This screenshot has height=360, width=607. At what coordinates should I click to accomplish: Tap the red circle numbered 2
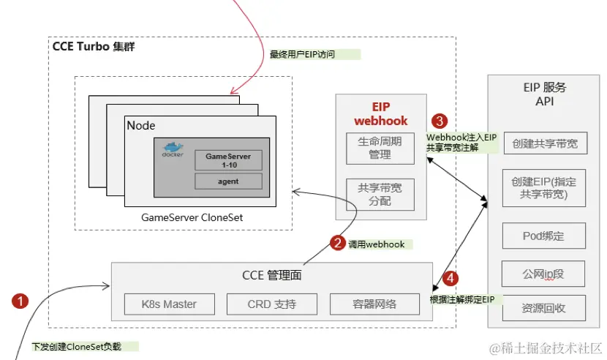pyautogui.click(x=337, y=243)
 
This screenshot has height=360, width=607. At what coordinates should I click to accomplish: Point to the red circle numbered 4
pyautogui.click(x=451, y=278)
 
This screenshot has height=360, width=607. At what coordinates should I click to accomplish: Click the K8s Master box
pyautogui.click(x=170, y=304)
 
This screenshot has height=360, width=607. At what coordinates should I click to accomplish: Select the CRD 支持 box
pyautogui.click(x=272, y=304)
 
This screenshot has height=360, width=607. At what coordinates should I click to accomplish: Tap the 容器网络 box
pyautogui.click(x=375, y=304)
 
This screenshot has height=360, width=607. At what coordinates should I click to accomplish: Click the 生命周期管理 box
pyautogui.click(x=380, y=149)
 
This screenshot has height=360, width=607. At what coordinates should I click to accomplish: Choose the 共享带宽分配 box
pyautogui.click(x=380, y=194)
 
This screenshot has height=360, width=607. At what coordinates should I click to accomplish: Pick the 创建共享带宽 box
pyautogui.click(x=544, y=144)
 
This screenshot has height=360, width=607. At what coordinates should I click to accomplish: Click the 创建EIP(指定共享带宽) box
pyautogui.click(x=544, y=189)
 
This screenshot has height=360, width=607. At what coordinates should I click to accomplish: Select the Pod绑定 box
pyautogui.click(x=544, y=236)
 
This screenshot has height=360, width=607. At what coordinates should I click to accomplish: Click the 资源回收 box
pyautogui.click(x=544, y=308)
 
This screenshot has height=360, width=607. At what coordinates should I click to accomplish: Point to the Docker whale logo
pyautogui.click(x=173, y=149)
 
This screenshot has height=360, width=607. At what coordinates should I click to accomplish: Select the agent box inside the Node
pyautogui.click(x=228, y=181)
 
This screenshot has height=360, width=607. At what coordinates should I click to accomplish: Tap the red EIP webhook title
pyautogui.click(x=380, y=114)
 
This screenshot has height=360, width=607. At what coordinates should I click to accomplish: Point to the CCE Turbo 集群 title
pyautogui.click(x=93, y=47)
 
